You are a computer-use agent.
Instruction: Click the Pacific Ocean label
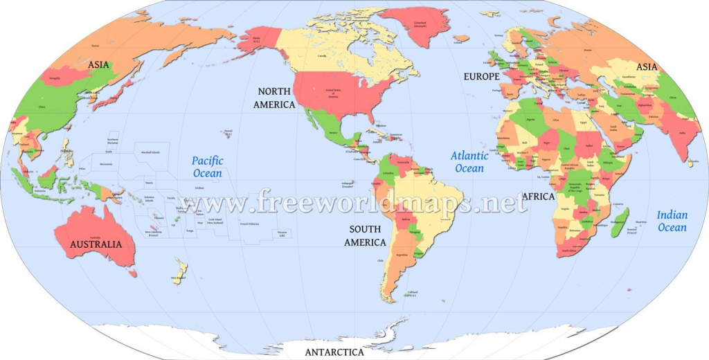click(x=208, y=167)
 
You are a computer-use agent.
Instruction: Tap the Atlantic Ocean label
click(x=470, y=161)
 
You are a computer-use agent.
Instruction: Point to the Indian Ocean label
click(x=672, y=221)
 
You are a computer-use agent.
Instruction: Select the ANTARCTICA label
click(x=334, y=352)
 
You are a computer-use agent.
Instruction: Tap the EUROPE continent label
click(x=481, y=76)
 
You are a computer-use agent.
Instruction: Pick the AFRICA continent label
click(x=539, y=197)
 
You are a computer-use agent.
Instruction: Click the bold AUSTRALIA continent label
click(x=96, y=244)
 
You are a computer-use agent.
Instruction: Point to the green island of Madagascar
click(x=618, y=222)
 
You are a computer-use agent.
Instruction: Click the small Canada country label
click(x=322, y=55)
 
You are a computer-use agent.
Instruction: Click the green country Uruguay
click(x=418, y=254)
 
